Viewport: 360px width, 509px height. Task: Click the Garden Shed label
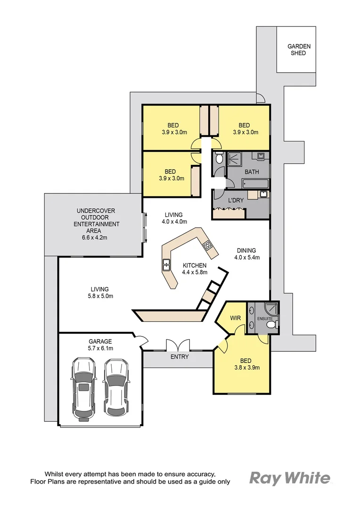point(299,49)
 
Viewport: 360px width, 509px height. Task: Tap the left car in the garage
point(84,389)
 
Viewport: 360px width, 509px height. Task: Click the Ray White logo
point(290,478)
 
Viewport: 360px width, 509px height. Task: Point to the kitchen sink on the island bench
point(166,265)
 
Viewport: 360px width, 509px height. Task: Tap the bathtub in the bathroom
point(255,184)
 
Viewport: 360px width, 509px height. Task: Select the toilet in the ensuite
point(273,324)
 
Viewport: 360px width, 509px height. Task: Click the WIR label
point(235,318)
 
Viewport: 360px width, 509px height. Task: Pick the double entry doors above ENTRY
point(178,345)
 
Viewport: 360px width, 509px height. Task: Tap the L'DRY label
point(236,200)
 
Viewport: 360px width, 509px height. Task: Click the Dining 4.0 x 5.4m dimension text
point(247,257)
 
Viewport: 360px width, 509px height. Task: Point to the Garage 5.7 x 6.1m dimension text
point(100,348)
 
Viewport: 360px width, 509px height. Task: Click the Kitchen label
point(195,265)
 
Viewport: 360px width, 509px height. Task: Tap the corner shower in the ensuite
point(271,309)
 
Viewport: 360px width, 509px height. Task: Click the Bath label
point(252,172)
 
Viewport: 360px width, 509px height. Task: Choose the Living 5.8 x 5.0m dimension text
point(100,296)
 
